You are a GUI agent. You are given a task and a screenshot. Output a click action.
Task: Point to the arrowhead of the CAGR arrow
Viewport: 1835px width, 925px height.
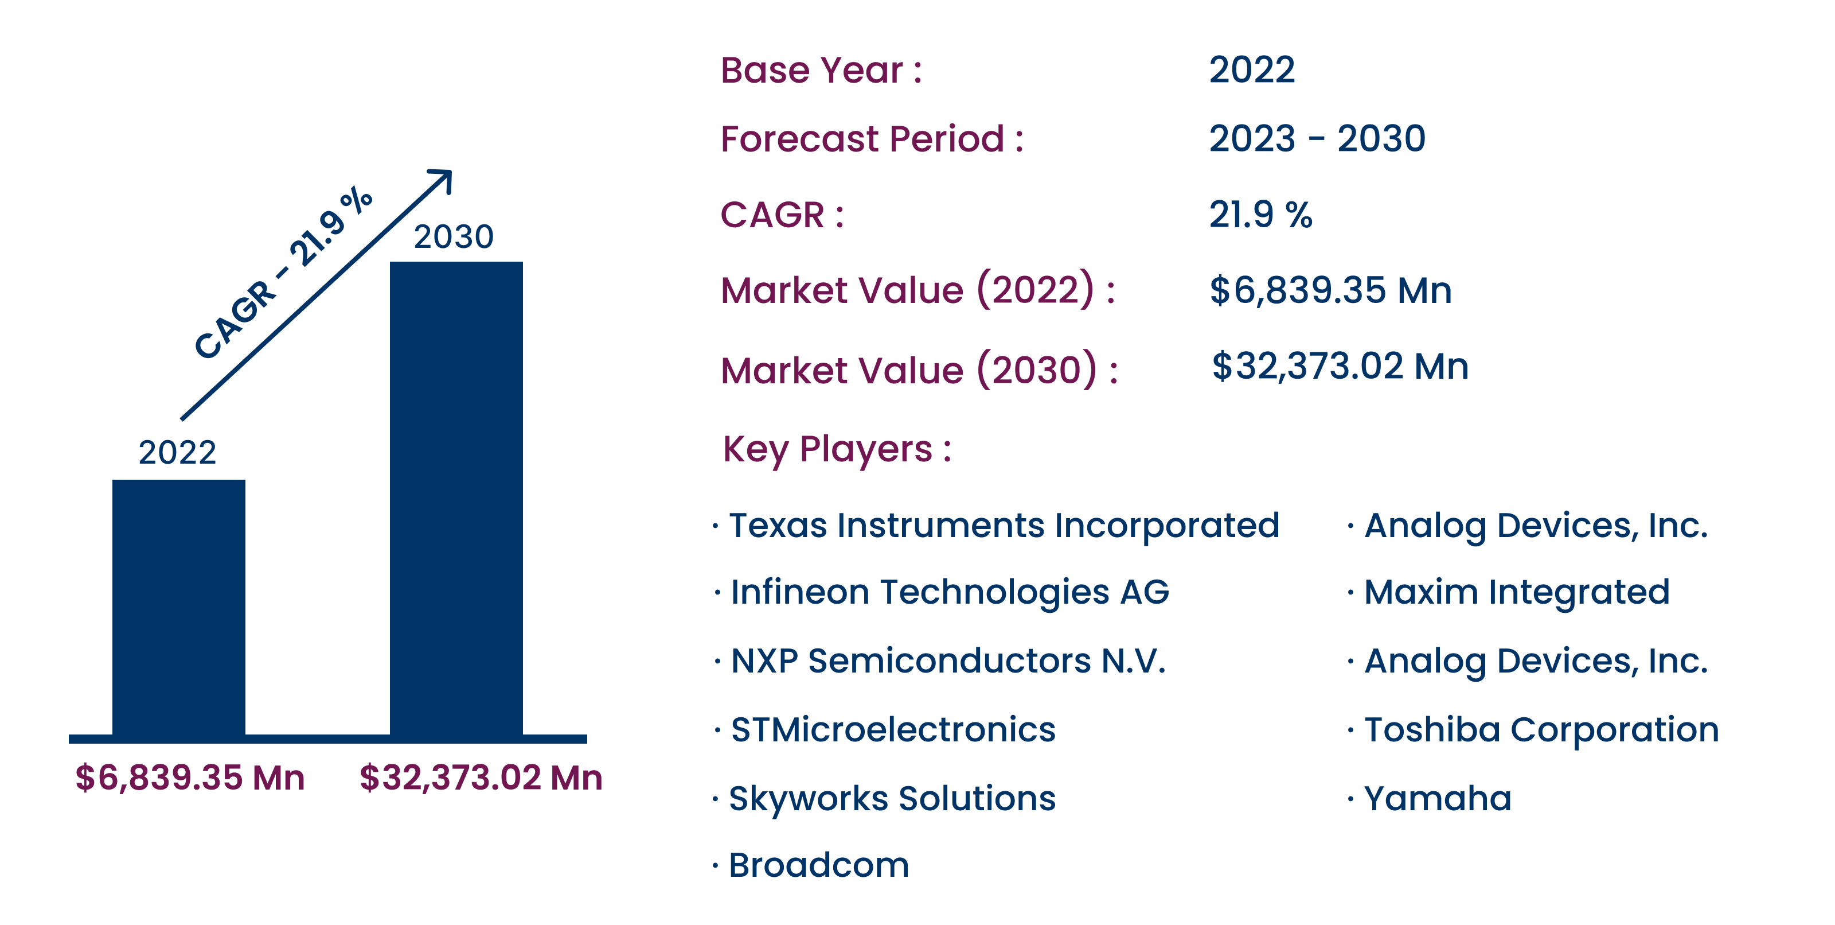(x=450, y=172)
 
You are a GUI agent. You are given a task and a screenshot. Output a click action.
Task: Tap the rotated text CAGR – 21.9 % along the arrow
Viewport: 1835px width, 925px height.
(x=283, y=273)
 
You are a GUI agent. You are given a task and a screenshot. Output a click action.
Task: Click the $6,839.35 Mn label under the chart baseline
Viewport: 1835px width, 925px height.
(x=190, y=778)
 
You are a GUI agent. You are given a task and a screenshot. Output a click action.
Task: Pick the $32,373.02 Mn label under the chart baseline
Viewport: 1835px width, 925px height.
(x=481, y=778)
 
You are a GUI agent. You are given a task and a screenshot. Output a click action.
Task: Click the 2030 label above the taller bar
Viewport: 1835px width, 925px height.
(x=454, y=236)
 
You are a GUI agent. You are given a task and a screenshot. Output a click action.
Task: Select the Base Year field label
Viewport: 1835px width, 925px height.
(x=821, y=70)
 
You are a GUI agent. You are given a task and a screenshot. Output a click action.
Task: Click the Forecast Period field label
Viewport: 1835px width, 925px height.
(x=872, y=138)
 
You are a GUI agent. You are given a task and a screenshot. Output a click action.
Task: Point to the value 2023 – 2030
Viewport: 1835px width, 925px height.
(x=1317, y=138)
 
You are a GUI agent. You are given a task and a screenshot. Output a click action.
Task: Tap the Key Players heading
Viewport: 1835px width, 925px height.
(x=837, y=450)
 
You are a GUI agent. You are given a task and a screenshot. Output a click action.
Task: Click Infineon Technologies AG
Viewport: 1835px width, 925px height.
(x=950, y=593)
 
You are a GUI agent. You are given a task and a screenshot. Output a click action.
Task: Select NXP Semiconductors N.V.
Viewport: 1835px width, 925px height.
(x=948, y=660)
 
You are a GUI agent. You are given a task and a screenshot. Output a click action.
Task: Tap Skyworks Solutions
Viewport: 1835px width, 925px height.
(x=892, y=799)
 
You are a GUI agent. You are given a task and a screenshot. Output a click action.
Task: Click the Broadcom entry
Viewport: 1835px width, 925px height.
(x=818, y=866)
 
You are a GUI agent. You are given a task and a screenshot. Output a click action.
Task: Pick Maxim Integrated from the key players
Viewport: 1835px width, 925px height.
(x=1517, y=592)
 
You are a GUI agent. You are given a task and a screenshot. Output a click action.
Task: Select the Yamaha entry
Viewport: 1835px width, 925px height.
(x=1438, y=799)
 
